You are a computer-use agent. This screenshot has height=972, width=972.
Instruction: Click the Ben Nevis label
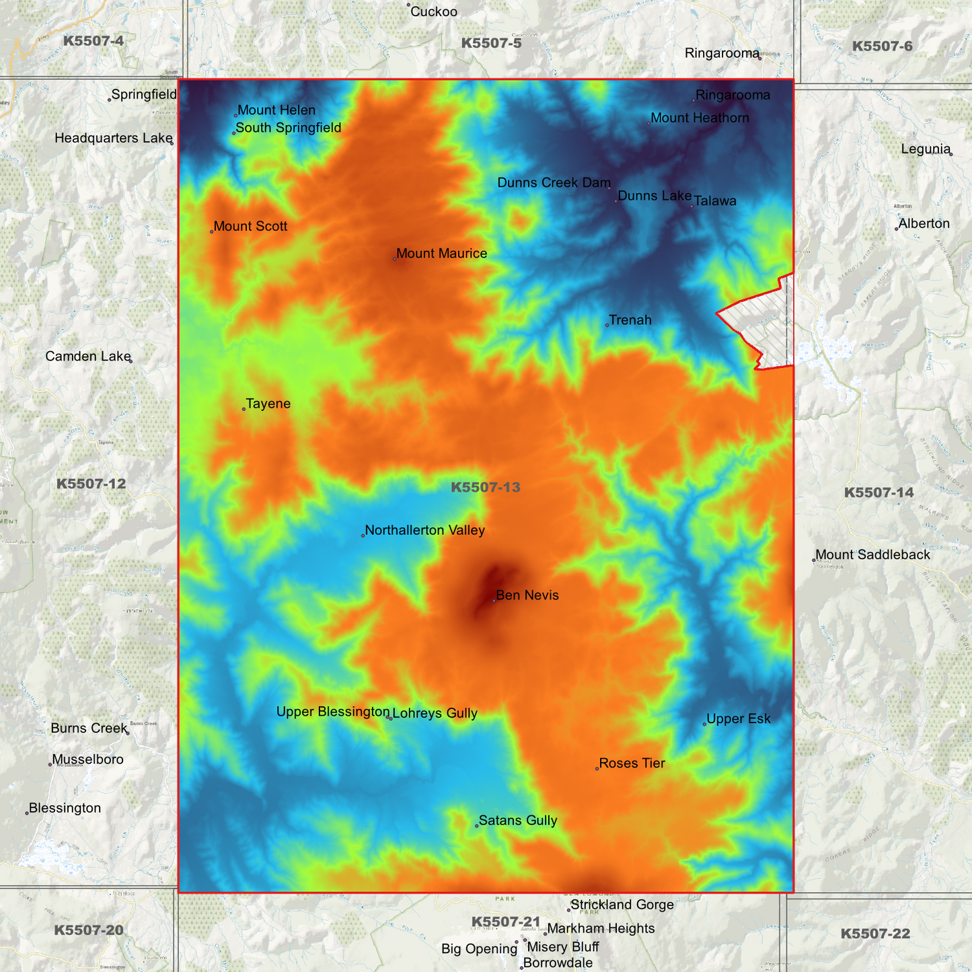pyautogui.click(x=527, y=595)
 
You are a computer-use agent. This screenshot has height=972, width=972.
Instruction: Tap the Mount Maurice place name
pyautogui.click(x=441, y=254)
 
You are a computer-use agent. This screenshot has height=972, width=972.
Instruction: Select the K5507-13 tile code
pyautogui.click(x=485, y=487)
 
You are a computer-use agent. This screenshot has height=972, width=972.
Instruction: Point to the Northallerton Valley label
pyautogui.click(x=424, y=530)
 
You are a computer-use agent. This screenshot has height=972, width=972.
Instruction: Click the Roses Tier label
pyautogui.click(x=632, y=763)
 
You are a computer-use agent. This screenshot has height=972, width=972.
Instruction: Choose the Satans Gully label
pyautogui.click(x=517, y=821)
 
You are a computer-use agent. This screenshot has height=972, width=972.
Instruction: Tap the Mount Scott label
pyautogui.click(x=250, y=227)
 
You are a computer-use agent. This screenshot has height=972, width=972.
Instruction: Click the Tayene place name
pyautogui.click(x=268, y=404)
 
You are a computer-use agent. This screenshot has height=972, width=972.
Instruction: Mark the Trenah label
pyautogui.click(x=630, y=320)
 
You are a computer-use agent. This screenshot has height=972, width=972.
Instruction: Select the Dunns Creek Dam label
pyautogui.click(x=554, y=183)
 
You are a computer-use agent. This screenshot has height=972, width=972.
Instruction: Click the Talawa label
pyautogui.click(x=714, y=201)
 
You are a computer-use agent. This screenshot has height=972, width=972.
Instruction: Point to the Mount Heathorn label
pyautogui.click(x=700, y=118)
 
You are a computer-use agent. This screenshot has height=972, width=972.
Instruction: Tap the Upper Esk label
pyautogui.click(x=738, y=719)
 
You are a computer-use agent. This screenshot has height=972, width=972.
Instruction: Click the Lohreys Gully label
pyautogui.click(x=435, y=714)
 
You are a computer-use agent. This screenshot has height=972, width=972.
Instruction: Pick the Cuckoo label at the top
pyautogui.click(x=433, y=11)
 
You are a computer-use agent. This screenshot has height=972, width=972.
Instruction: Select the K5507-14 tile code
pyautogui.click(x=878, y=492)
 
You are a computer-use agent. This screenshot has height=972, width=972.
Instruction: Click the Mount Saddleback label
pyautogui.click(x=872, y=555)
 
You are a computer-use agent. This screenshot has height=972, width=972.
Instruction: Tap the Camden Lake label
pyautogui.click(x=88, y=357)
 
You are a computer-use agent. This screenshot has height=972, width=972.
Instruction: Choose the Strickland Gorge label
pyautogui.click(x=622, y=905)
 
